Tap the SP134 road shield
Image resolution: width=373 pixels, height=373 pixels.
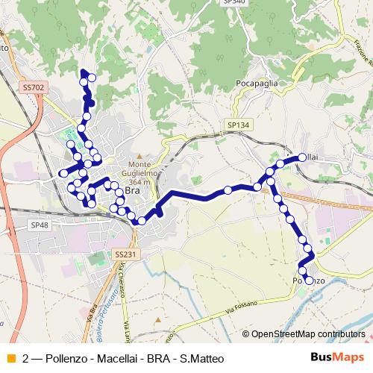pos(238,126)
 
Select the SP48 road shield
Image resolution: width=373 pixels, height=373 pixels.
pos(40,225)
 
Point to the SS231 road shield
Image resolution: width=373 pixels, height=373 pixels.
pos(126,254)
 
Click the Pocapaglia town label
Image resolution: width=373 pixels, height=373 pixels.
pos(256,84)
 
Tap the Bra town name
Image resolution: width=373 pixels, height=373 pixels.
pos(132,191)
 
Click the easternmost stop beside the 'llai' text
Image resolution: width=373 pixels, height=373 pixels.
pos(303,157)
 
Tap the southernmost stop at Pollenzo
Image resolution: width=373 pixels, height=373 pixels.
pos(310,280)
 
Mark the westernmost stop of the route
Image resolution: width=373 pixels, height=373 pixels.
pos(63,174)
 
